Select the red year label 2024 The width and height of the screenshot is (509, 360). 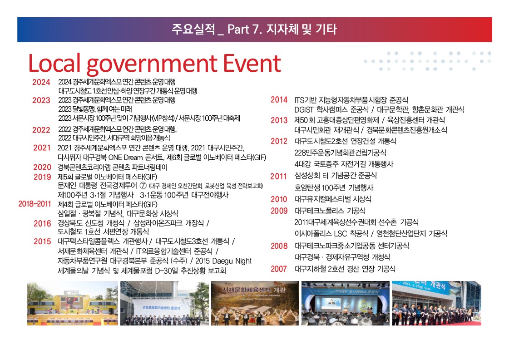coord(41,82)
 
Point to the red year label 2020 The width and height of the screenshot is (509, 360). coord(42,167)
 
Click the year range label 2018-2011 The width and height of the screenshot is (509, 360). coord(35,204)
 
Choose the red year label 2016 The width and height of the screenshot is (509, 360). coord(42,223)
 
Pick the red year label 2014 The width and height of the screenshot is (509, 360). coord(279,100)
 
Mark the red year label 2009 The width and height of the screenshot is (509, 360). coord(279,211)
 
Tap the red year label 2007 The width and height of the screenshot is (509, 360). coord(279,269)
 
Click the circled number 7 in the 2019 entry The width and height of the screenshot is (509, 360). coord(143,185)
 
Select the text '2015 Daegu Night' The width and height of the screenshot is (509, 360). coord(223,261)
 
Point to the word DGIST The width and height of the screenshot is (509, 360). coord(304,110)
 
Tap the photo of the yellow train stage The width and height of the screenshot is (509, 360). coord(72,303)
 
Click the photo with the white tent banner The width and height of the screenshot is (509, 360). coord(164,303)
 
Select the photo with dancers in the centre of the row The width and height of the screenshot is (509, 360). coord(255,303)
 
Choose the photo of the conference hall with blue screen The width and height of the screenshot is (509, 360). coord(346,303)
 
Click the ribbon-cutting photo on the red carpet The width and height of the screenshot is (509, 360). coord(437,303)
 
